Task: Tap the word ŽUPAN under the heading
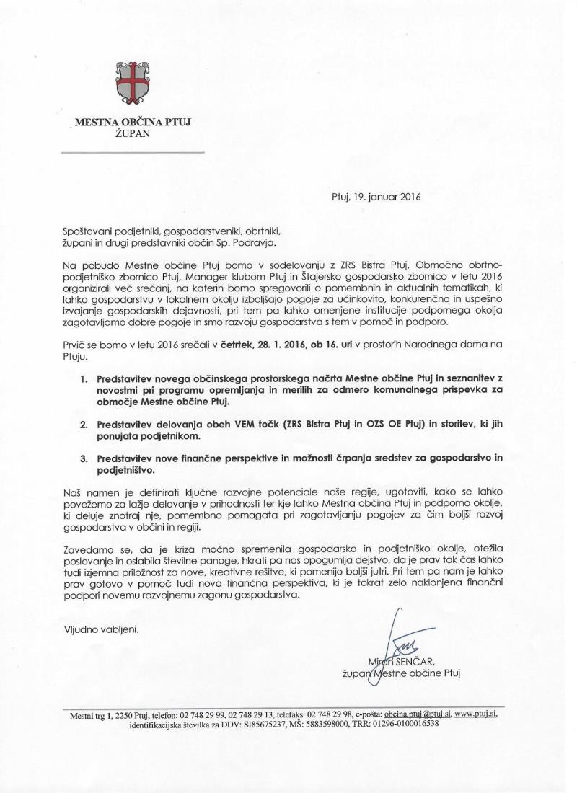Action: [132, 134]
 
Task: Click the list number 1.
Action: [84, 377]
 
